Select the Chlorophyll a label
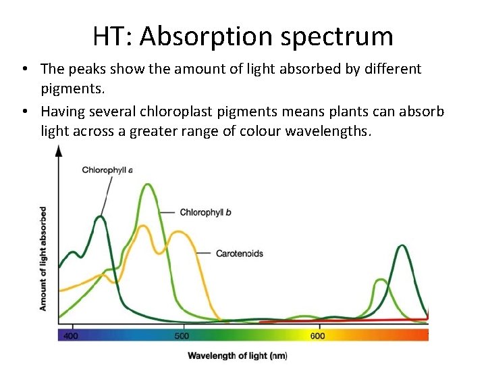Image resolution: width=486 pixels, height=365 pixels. [x=107, y=170]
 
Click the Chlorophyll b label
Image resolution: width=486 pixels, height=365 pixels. [x=205, y=212]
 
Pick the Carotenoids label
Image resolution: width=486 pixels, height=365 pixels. [x=239, y=253]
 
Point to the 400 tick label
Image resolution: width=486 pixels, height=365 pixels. [x=71, y=336]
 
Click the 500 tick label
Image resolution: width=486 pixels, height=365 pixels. [x=182, y=336]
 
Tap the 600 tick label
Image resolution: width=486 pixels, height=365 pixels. [x=317, y=336]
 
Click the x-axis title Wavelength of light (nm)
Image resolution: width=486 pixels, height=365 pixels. [x=237, y=356]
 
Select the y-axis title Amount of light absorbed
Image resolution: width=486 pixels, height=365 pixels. [x=43, y=259]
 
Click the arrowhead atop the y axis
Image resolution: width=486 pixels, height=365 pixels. [x=59, y=150]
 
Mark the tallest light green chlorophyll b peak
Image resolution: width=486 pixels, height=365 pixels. [x=148, y=185]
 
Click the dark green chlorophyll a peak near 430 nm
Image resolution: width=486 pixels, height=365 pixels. [x=100, y=217]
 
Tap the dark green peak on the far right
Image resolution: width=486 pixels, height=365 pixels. [x=402, y=246]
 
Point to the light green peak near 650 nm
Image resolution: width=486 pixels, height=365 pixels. [x=380, y=280]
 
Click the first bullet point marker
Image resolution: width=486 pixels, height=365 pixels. [x=24, y=69]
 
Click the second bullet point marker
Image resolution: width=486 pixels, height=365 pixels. [x=24, y=112]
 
